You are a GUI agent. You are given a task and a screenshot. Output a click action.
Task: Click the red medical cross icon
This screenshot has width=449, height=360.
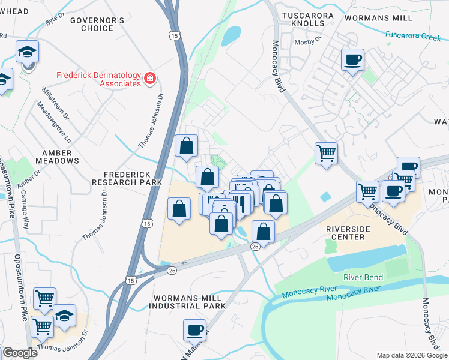pos(149,77)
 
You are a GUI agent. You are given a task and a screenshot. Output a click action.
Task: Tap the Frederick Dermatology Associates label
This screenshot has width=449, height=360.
pos(98,79)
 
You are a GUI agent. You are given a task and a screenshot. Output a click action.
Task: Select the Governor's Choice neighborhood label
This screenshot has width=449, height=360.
pos(97,24)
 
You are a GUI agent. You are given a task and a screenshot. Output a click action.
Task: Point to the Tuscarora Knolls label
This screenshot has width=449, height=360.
pos(303,19)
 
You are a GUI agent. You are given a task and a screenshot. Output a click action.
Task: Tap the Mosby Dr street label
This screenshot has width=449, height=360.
pos(308,42)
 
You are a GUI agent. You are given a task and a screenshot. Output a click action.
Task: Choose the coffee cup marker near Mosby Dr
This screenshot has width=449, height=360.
pos(352,59)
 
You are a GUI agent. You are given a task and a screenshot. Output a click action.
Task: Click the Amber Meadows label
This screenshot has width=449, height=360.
pos(57,157)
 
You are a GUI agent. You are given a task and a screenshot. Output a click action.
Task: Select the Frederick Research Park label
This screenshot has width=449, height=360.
pos(127,178)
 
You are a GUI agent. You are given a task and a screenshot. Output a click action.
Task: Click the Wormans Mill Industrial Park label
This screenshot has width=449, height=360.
pos(187,302)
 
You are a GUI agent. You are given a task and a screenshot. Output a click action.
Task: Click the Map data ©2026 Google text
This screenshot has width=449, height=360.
pos(411,355)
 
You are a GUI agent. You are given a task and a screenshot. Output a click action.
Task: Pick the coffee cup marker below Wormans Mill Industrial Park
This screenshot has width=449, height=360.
pos(194,329)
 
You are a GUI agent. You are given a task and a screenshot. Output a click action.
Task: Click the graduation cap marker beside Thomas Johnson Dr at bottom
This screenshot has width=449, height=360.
pos(65,316)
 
